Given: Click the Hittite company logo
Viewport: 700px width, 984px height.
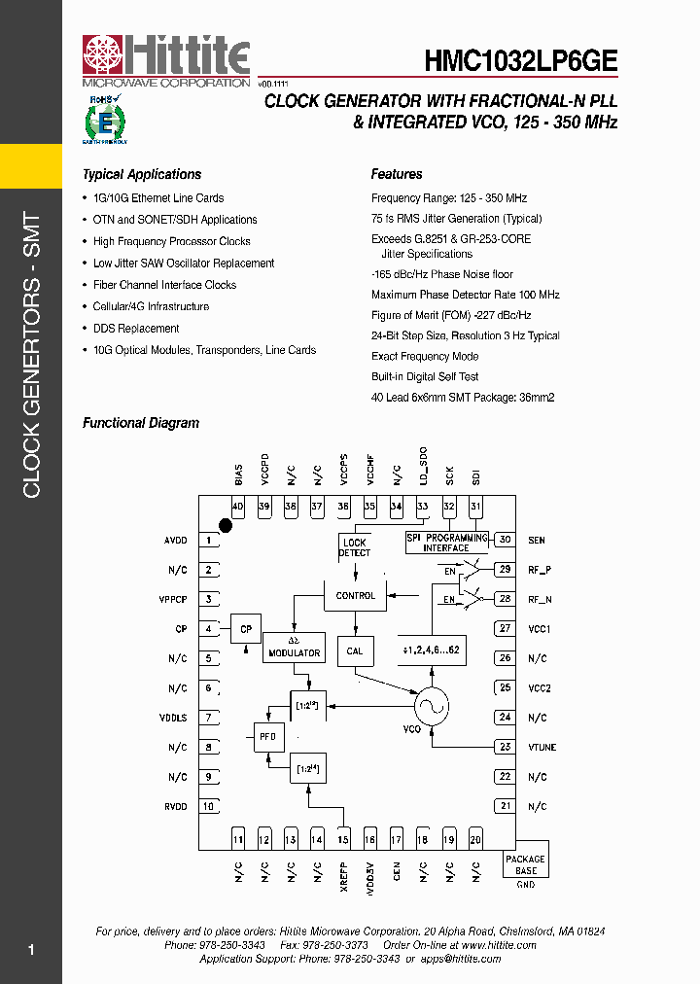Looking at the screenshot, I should click(165, 60).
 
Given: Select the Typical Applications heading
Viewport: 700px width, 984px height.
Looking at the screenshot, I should click(142, 175).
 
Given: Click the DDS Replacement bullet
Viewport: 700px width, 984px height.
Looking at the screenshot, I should click(136, 329).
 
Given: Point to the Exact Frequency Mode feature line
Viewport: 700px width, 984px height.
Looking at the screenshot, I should click(425, 356).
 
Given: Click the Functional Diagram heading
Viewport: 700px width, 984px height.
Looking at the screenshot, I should click(141, 423).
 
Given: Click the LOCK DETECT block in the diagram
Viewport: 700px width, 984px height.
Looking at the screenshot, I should click(355, 547).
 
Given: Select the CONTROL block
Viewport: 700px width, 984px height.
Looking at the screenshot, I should click(355, 595).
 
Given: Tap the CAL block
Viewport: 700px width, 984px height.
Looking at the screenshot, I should click(355, 650).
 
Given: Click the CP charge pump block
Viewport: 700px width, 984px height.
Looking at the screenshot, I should click(246, 629).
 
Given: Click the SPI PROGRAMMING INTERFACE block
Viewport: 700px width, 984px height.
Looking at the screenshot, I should click(446, 543).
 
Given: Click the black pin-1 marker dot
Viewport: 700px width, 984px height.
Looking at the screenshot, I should click(226, 526).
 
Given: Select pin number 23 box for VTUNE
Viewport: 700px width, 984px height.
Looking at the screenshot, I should click(504, 747).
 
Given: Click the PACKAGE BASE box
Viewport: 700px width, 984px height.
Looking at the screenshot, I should click(526, 864).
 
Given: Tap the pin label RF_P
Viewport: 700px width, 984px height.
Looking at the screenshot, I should click(540, 570).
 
